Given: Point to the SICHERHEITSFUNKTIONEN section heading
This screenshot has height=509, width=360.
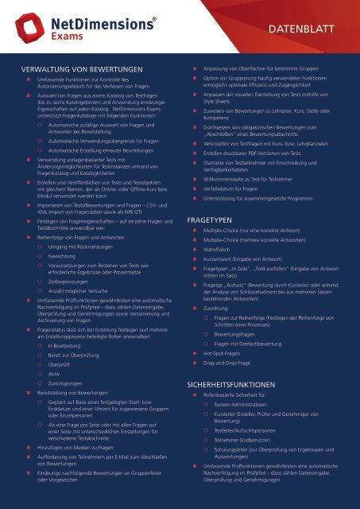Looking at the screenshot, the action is tap(240, 383).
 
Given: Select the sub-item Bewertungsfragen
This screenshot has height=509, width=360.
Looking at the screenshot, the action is tap(242, 335).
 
